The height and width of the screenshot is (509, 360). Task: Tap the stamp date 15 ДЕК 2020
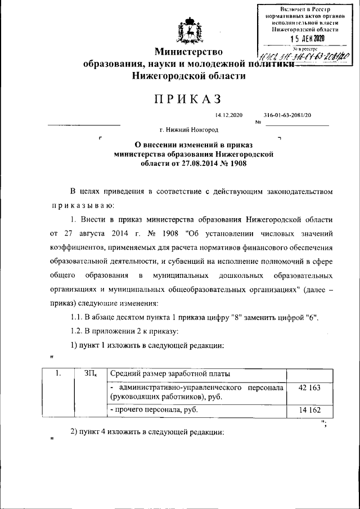click(307, 38)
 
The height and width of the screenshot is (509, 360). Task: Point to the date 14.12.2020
click(228, 115)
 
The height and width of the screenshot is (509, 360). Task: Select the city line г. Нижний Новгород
click(188, 129)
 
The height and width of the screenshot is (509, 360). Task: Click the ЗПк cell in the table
click(90, 373)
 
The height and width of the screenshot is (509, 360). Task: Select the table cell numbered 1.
click(58, 373)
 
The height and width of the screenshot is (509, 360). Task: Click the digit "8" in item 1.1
click(233, 318)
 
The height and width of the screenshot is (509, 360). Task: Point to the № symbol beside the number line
click(259, 122)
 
